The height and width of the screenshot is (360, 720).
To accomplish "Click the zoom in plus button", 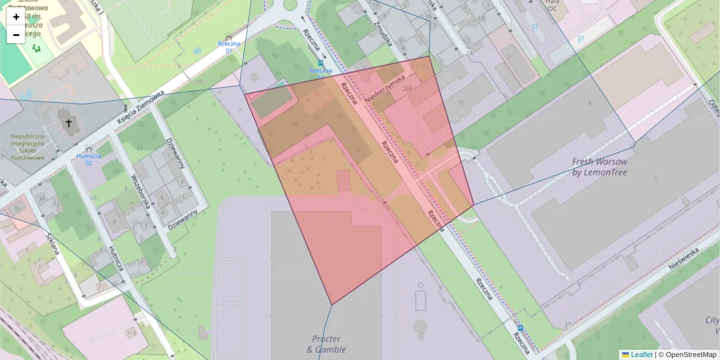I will (16, 17).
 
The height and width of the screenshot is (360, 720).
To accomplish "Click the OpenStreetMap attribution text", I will (690, 355).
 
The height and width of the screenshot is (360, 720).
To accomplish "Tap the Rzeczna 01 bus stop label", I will (229, 47).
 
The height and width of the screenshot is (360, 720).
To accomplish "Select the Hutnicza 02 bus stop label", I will (88, 159).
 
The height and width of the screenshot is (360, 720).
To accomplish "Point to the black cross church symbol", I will (68, 124).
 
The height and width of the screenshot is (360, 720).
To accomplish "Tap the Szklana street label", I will (53, 243).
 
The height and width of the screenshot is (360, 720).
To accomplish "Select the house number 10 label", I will (460, 103).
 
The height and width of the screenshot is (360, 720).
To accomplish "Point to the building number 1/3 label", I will (130, 332).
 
